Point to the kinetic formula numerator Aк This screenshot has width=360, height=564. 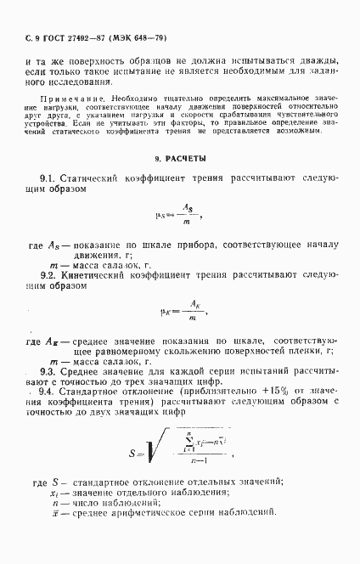(x=194, y=304)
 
